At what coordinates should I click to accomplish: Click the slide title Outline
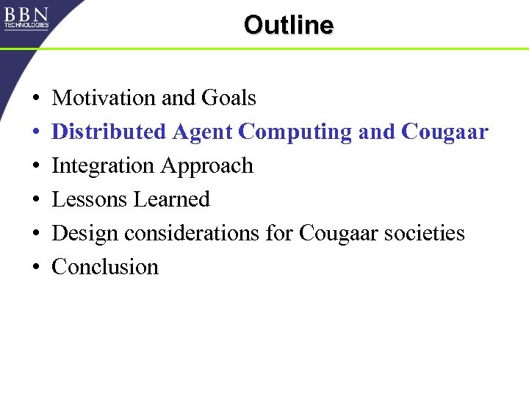[288, 25]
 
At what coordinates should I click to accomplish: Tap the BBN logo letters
[26, 14]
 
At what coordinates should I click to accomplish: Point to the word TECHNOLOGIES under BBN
[26, 25]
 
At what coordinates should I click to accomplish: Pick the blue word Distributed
[109, 132]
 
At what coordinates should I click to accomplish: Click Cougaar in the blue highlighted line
[445, 132]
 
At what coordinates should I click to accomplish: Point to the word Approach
[206, 166]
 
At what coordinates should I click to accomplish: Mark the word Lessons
[89, 199]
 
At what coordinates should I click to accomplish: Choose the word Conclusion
[105, 267]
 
